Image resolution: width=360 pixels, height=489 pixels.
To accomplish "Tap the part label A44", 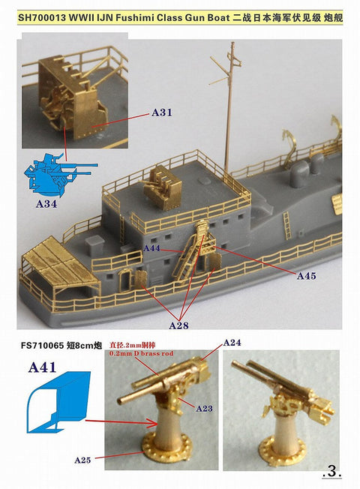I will click(x=153, y=247).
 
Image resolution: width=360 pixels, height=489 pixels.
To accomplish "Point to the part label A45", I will click(x=307, y=276).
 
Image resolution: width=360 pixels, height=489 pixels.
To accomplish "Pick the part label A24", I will click(x=232, y=343).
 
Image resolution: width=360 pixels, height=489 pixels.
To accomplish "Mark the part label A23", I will click(x=205, y=407).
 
